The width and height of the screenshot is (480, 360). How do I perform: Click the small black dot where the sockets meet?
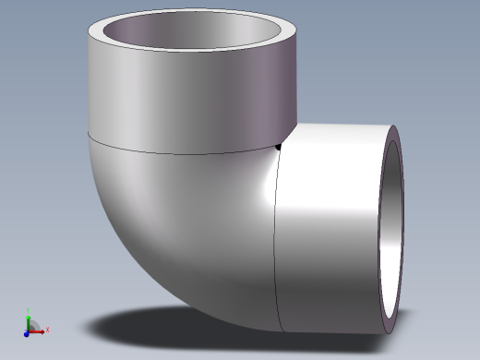click(x=279, y=145)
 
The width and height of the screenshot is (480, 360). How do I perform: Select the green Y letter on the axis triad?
click(x=29, y=310)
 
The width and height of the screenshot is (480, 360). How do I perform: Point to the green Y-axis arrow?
click(x=29, y=319)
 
